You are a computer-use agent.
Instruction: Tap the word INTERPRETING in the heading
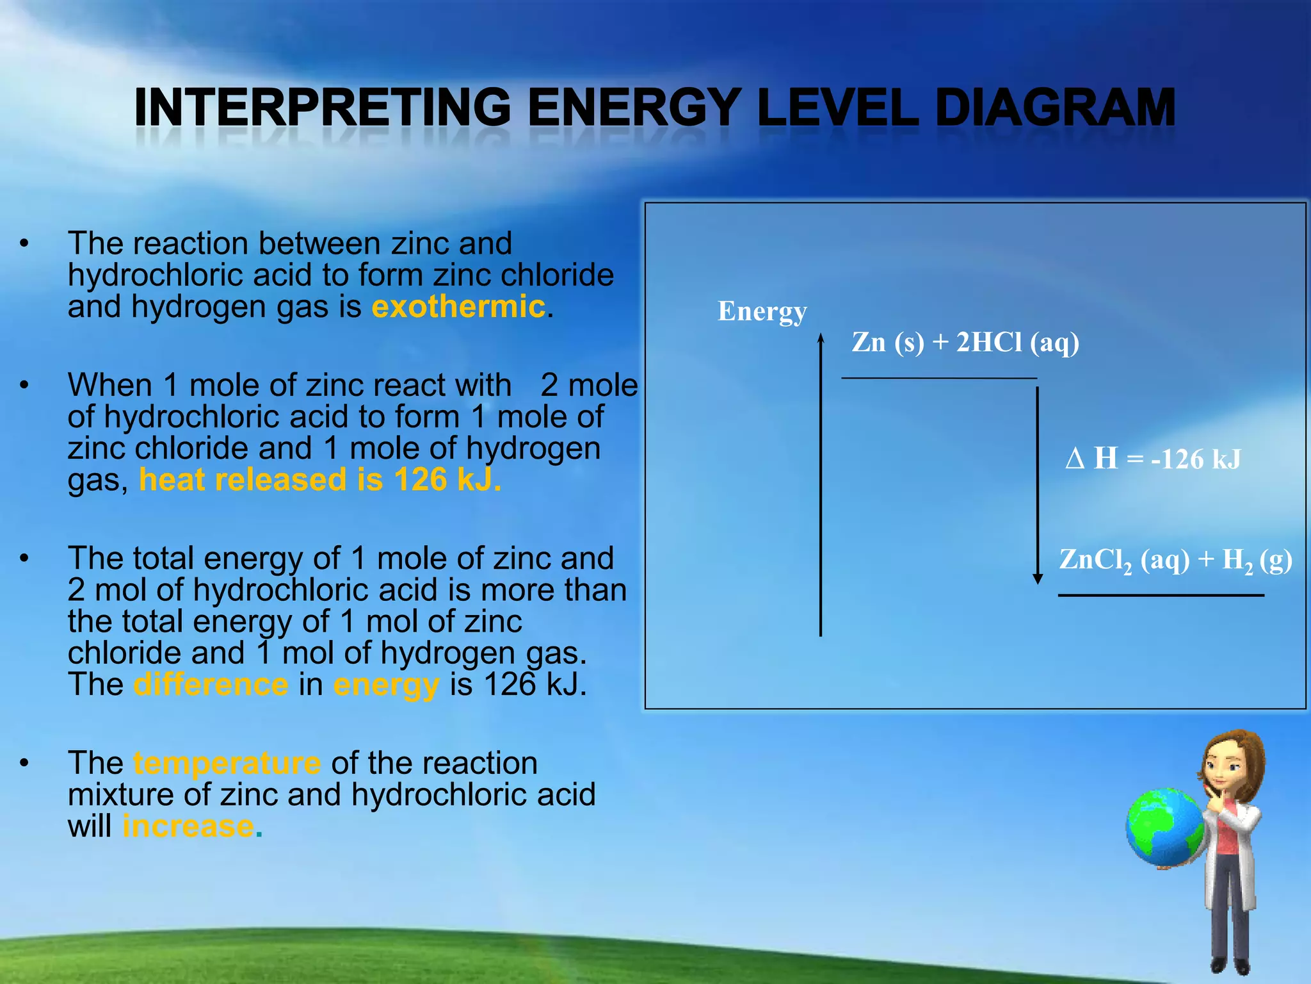tap(323, 108)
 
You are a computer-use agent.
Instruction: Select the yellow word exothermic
tap(458, 306)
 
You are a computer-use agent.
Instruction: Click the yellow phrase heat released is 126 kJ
tap(320, 480)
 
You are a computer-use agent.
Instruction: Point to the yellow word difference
tap(211, 684)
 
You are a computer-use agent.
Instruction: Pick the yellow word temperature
tap(227, 763)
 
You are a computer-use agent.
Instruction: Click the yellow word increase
tap(188, 826)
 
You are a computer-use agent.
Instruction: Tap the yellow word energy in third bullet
tap(386, 684)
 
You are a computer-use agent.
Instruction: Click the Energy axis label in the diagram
tap(762, 311)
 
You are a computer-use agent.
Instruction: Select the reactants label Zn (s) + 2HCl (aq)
tap(965, 342)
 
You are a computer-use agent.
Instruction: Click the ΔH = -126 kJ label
tap(1153, 459)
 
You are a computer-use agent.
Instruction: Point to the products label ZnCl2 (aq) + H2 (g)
tap(1175, 561)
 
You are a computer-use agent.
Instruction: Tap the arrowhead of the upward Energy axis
tap(821, 338)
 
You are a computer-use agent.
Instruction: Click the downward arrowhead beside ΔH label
tap(1038, 578)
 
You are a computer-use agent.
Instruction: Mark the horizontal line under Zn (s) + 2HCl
tap(938, 378)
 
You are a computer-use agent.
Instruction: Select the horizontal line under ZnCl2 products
tap(1161, 595)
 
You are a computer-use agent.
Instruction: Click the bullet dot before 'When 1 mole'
tap(24, 386)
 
